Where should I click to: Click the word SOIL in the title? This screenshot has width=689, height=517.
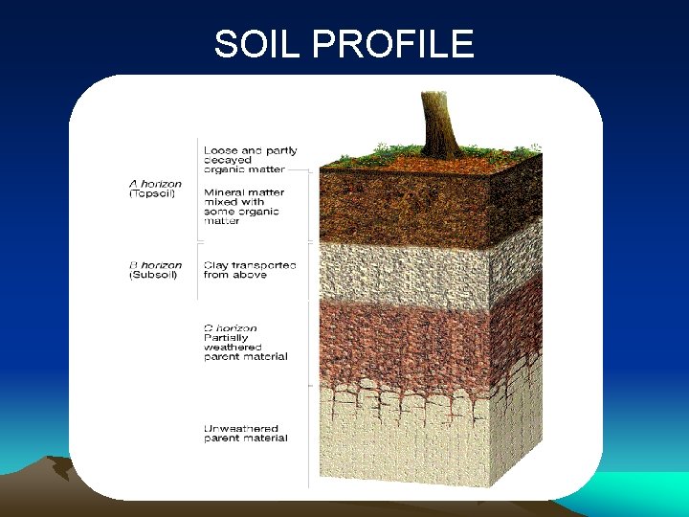(251, 44)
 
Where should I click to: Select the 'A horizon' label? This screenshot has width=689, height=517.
(155, 184)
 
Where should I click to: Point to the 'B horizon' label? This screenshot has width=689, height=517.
(155, 265)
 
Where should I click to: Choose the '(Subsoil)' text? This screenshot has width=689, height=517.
(153, 276)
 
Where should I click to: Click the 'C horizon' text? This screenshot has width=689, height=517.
(231, 327)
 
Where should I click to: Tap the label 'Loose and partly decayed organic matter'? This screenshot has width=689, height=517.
(251, 159)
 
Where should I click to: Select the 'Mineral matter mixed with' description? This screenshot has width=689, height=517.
(245, 197)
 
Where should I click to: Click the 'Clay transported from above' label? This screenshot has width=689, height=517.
(250, 270)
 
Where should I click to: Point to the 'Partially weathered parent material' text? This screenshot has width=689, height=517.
(245, 347)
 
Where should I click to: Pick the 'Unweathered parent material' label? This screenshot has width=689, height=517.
(245, 434)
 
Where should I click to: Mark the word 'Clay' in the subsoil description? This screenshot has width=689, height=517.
(216, 265)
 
